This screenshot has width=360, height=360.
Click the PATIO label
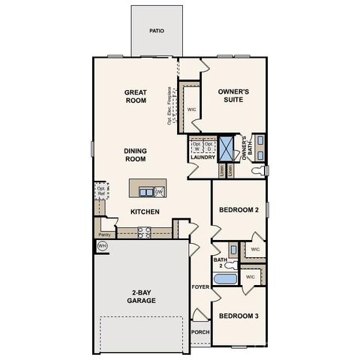coord(156,31)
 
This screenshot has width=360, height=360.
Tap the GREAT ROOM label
coord(136,97)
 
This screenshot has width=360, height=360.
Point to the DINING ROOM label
coord(136,154)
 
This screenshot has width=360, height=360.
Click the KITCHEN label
coord(145,212)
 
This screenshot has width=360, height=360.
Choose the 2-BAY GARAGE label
coord(141,296)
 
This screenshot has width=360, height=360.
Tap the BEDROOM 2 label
coord(238,211)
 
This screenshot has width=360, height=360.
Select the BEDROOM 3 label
coord(238,316)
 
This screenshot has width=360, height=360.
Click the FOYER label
coord(199,287)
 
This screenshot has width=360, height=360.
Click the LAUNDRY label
coord(202,157)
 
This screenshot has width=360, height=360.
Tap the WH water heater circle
coord(102,245)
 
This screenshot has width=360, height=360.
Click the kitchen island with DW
coord(147,190)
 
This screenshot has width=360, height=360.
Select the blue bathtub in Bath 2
coord(225,280)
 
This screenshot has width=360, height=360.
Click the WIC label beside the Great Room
coord(191,109)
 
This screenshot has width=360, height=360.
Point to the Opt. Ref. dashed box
coord(100,190)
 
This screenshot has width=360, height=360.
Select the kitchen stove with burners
coord(143,232)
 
